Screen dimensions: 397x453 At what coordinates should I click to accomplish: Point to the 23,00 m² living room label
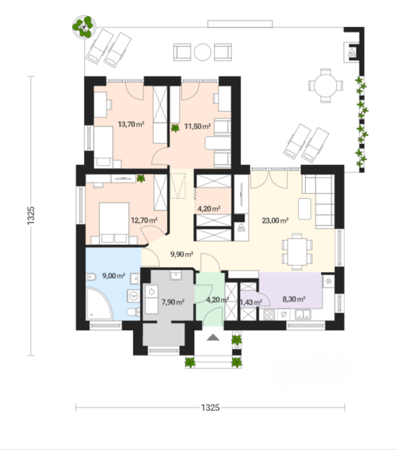pos(276,219)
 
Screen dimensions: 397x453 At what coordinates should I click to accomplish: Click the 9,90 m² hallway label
pos(181,253)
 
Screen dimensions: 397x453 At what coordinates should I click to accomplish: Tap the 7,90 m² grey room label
pos(173,302)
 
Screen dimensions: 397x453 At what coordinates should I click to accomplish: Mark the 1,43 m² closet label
pos(250,302)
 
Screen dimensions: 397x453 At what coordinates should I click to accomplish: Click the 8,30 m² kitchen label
pos(294,299)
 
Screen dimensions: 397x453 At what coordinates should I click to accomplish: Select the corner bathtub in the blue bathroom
pos(102,302)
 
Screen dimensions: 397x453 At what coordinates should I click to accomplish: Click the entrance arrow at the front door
pos(213,337)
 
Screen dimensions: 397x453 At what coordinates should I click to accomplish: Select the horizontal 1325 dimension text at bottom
pos(210,408)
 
